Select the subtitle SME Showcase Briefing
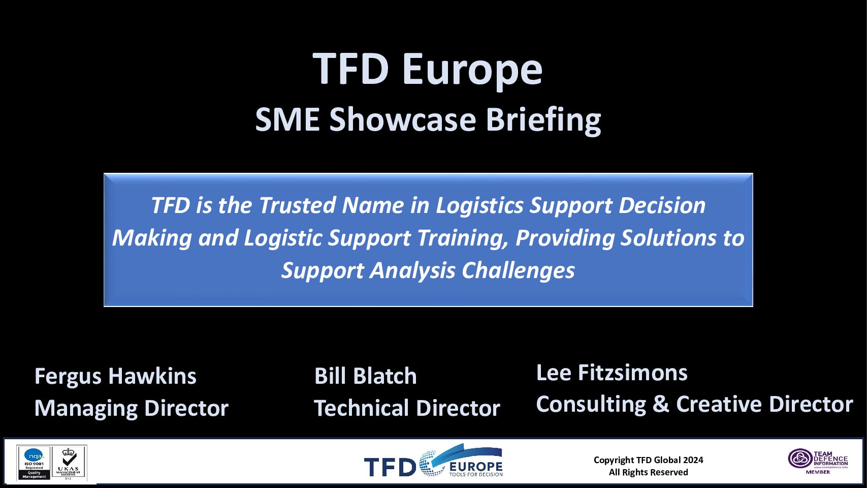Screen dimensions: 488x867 tap(428, 120)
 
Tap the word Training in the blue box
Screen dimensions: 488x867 tap(463, 238)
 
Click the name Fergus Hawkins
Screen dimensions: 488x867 tap(115, 377)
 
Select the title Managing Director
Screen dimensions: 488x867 tap(132, 408)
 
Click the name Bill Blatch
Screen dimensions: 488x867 tap(365, 377)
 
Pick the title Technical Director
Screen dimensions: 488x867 tap(407, 408)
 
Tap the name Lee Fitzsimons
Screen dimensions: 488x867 tap(612, 373)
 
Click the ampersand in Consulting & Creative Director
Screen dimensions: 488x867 tap(661, 405)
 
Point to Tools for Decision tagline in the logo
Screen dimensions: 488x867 tap(475, 474)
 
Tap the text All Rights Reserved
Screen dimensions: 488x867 tap(648, 472)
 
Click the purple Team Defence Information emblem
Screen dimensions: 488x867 tap(800, 458)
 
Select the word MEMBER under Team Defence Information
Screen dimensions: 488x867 tap(818, 472)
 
